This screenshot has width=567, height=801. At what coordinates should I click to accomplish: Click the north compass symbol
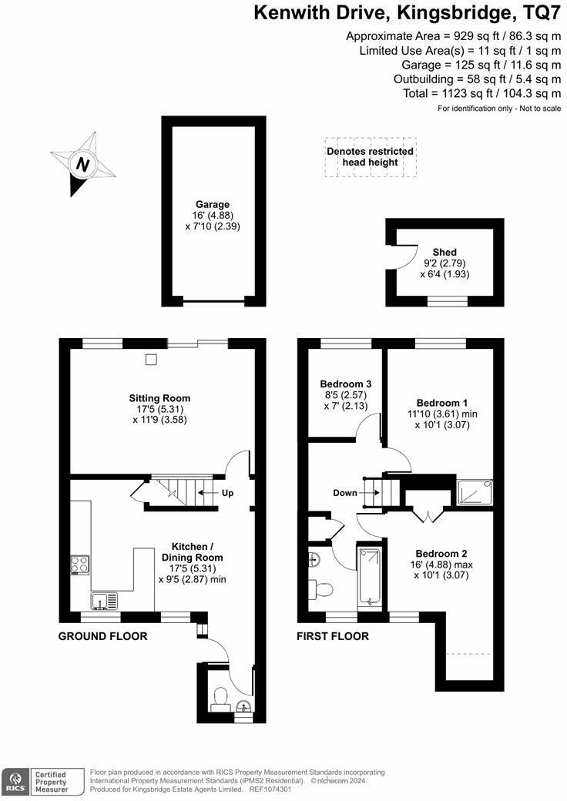pos(82,163)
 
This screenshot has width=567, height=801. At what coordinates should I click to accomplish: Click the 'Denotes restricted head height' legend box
pos(371,157)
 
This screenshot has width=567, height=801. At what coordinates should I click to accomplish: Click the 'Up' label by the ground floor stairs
pos(227,493)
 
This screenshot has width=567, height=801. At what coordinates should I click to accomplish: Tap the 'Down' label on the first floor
pos(345,493)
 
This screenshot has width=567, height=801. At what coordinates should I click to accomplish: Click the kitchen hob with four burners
pos(79,565)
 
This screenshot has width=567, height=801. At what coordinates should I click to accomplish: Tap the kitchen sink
pos(103,600)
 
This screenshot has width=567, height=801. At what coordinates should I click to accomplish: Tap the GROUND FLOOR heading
pos(103,636)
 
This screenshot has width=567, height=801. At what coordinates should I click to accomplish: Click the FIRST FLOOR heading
pos(333,636)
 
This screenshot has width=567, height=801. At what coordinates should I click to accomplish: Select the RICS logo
pos(14,780)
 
